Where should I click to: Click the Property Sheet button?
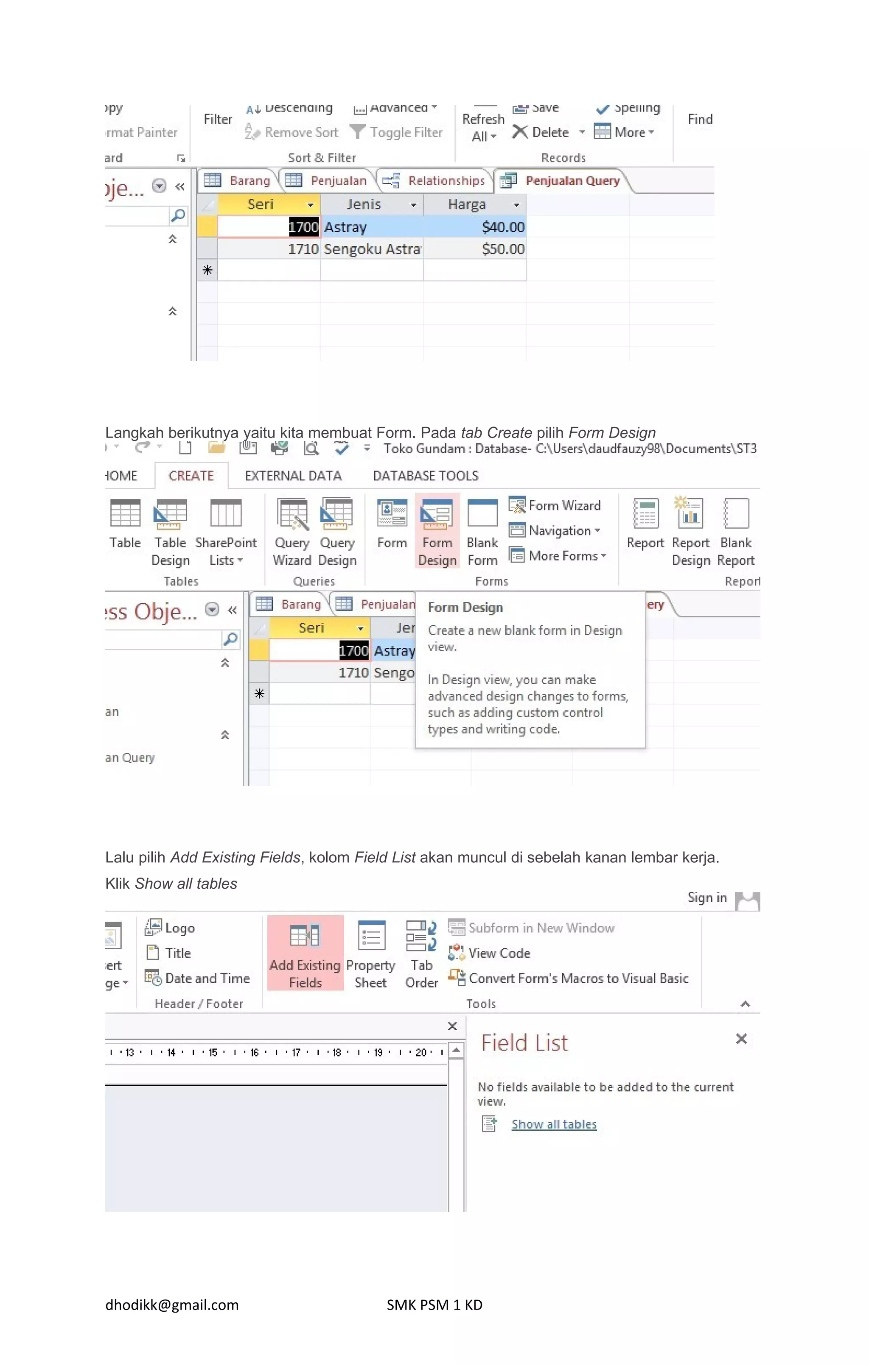click(371, 955)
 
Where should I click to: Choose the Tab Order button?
click(422, 955)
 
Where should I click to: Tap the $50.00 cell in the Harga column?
click(503, 249)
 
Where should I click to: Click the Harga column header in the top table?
click(467, 204)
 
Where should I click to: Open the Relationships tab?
click(446, 181)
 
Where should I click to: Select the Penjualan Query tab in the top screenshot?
click(572, 181)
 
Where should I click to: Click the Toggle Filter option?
click(406, 132)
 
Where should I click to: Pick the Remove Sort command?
click(301, 132)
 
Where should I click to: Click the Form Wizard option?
click(564, 505)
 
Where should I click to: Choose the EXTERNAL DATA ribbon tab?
click(293, 476)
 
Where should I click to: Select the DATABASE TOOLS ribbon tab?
click(425, 476)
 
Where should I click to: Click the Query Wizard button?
click(292, 532)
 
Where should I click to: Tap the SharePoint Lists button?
click(226, 532)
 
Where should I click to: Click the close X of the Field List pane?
click(741, 1039)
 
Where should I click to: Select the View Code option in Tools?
click(499, 953)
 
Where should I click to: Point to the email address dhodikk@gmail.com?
click(172, 1305)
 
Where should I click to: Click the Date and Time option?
click(207, 979)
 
